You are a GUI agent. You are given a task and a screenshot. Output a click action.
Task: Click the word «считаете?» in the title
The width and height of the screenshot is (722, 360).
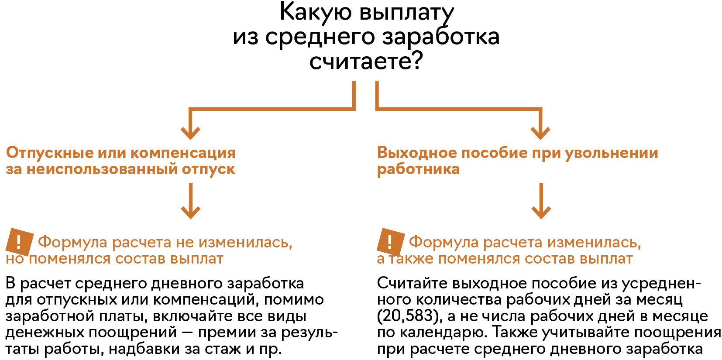(366, 61)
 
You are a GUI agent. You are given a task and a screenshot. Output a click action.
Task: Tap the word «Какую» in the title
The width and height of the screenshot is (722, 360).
(315, 12)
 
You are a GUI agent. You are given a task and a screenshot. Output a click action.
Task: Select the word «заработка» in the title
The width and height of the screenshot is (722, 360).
(441, 37)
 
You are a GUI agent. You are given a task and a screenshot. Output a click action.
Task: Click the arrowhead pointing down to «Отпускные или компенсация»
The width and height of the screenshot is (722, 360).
(190, 132)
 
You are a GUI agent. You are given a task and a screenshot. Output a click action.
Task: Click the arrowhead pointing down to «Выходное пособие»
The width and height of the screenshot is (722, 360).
(540, 132)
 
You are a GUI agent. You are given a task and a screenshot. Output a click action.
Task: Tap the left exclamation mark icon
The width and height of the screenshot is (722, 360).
(19, 241)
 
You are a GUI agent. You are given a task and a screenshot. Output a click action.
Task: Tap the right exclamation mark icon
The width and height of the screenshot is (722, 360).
(390, 241)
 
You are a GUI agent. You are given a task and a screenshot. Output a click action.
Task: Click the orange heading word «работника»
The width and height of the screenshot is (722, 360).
(418, 169)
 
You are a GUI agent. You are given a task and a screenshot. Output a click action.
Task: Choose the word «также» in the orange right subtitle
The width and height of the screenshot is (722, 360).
(411, 259)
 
